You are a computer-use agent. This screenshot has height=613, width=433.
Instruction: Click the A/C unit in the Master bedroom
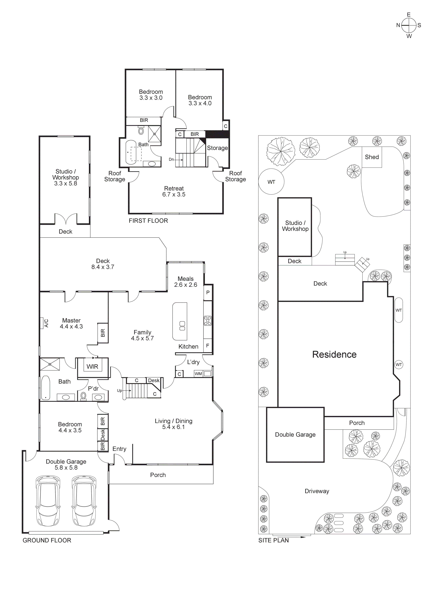[42, 323]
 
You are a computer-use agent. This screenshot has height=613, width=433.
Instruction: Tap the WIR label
[92, 367]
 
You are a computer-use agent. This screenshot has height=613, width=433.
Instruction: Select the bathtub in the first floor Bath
[131, 152]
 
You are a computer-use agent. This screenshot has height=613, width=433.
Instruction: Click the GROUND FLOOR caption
[47, 540]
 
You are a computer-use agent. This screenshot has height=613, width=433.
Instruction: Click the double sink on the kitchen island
[182, 326]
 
